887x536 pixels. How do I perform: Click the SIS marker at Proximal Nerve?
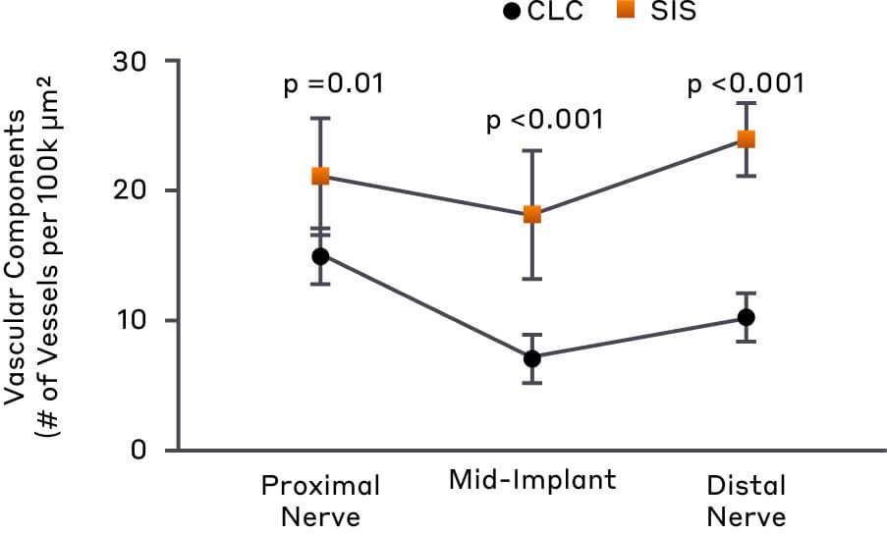point(320,177)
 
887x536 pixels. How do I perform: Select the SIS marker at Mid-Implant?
point(532,214)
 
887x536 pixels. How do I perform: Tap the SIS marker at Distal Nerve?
point(746,139)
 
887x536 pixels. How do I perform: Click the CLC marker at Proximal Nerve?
point(320,256)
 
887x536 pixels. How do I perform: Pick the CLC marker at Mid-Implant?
point(532,358)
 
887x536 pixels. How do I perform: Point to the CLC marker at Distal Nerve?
point(746,317)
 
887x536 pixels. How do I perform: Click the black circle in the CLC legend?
point(511,13)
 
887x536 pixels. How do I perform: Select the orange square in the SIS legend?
point(623,13)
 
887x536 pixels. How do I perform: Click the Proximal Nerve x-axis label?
point(320,500)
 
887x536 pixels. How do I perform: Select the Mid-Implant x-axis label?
point(532,481)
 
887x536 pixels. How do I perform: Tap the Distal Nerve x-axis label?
point(746,500)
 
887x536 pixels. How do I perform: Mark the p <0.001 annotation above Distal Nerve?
point(746,83)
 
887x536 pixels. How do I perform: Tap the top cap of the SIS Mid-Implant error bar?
point(532,150)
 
